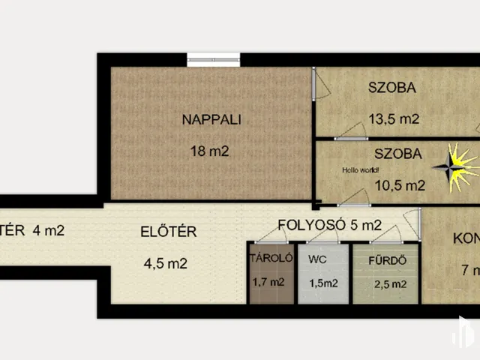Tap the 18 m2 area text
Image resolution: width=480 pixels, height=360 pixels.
pos(209,151)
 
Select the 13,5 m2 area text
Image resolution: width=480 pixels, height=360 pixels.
pos(393,118)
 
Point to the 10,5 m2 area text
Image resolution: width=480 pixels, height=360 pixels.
pos(400,186)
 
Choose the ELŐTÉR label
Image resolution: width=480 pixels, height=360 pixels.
pos(169,232)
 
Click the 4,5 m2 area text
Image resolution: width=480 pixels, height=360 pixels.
pos(165,263)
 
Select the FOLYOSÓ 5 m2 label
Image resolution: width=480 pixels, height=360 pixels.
pos(330,224)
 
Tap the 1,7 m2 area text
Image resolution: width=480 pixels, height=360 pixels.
pos(269,283)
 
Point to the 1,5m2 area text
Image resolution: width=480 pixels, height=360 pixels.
pos(323,283)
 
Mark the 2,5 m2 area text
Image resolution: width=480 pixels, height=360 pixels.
pos(391,284)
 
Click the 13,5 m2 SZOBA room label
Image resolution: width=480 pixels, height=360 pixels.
pos(391,87)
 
